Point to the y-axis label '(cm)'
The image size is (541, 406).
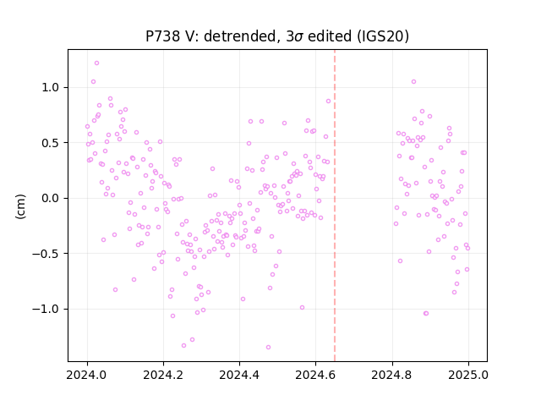tap(20, 206)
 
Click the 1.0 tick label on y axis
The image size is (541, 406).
tap(51, 87)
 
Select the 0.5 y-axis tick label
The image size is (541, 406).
tap(51, 143)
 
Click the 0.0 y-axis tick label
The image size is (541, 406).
tap(51, 198)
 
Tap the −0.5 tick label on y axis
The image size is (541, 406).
tap(46, 254)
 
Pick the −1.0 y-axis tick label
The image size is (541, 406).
tap(46, 309)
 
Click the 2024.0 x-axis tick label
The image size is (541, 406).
tap(87, 375)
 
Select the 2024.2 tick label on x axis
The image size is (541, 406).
tap(163, 375)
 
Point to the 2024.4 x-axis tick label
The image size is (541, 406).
tap(239, 375)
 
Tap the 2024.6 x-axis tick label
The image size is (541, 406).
tap(315, 375)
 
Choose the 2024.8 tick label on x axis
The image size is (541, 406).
tap(392, 375)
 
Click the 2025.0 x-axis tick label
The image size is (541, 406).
tap(468, 375)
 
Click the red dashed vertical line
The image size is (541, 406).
tap(335, 206)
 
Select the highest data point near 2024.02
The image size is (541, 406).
tap(96, 63)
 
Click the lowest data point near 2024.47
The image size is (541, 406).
tap(268, 348)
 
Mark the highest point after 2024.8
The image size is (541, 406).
tap(413, 82)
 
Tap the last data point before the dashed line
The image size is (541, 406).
tap(328, 101)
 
